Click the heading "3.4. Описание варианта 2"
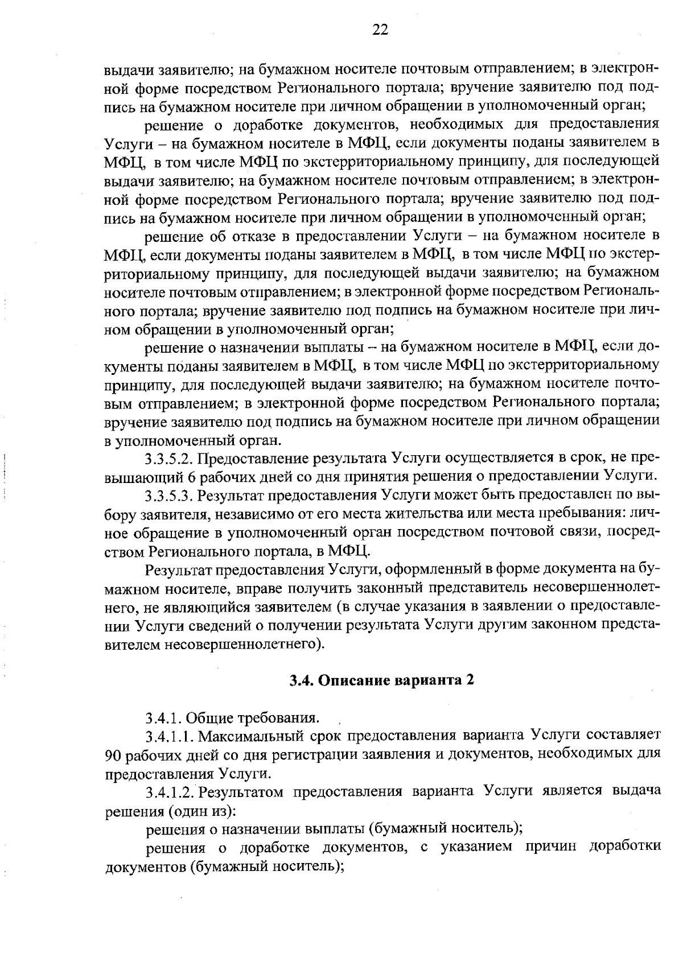click(381, 680)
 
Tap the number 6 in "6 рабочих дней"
click(190, 477)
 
